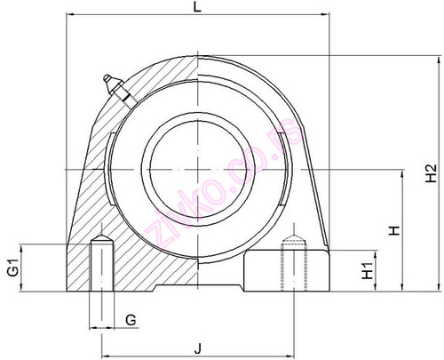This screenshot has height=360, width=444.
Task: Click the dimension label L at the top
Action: coord(197,6)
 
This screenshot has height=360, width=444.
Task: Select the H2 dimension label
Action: coord(432,173)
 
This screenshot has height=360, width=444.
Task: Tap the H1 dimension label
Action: coord(368,271)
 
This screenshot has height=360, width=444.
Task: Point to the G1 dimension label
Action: coord(13,268)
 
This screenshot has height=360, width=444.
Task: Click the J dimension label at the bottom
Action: coord(198,348)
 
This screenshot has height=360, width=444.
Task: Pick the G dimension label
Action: coord(131,320)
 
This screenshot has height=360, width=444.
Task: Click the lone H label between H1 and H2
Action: coord(394,230)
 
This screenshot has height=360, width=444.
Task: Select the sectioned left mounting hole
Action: coord(102,263)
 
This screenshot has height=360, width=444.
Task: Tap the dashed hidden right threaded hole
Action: coord(294,263)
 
